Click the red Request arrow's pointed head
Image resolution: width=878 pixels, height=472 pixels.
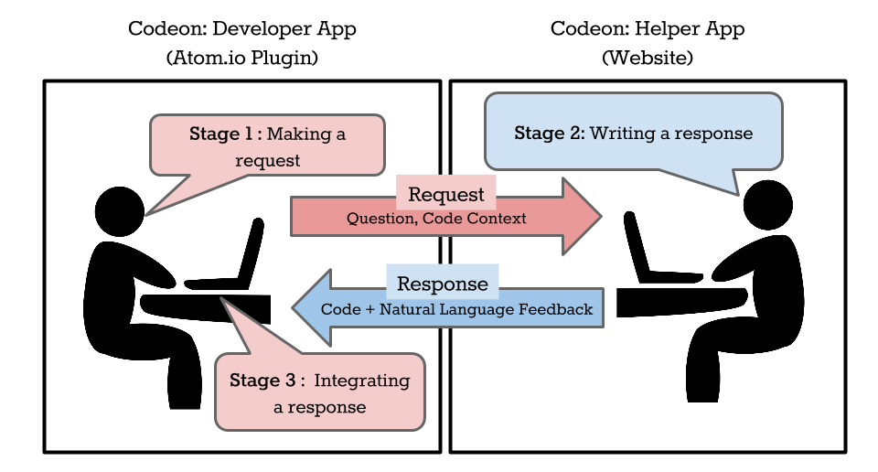602,216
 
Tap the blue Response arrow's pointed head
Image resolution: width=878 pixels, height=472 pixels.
293,307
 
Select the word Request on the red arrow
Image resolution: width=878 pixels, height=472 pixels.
445,194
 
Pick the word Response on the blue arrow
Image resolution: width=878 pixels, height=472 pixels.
443,284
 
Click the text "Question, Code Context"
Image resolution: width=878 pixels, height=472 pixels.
436,219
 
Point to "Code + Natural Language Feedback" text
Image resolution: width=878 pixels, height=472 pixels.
456,309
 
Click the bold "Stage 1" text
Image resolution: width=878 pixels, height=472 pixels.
221,134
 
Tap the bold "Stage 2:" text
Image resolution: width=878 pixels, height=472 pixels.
550,134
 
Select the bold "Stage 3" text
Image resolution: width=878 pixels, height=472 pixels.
262,381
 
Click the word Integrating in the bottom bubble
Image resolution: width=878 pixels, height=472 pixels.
362,381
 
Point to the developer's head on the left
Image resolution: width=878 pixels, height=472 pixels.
120,211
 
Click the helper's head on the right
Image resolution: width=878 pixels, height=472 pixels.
767,205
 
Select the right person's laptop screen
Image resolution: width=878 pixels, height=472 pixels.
637,246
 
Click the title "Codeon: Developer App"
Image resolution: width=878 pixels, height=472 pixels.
241,29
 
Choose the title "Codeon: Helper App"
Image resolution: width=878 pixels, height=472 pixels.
648,29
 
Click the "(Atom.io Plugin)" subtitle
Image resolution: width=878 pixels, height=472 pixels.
241,58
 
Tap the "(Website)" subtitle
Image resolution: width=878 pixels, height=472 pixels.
648,58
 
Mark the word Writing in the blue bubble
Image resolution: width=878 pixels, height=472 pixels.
623,134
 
